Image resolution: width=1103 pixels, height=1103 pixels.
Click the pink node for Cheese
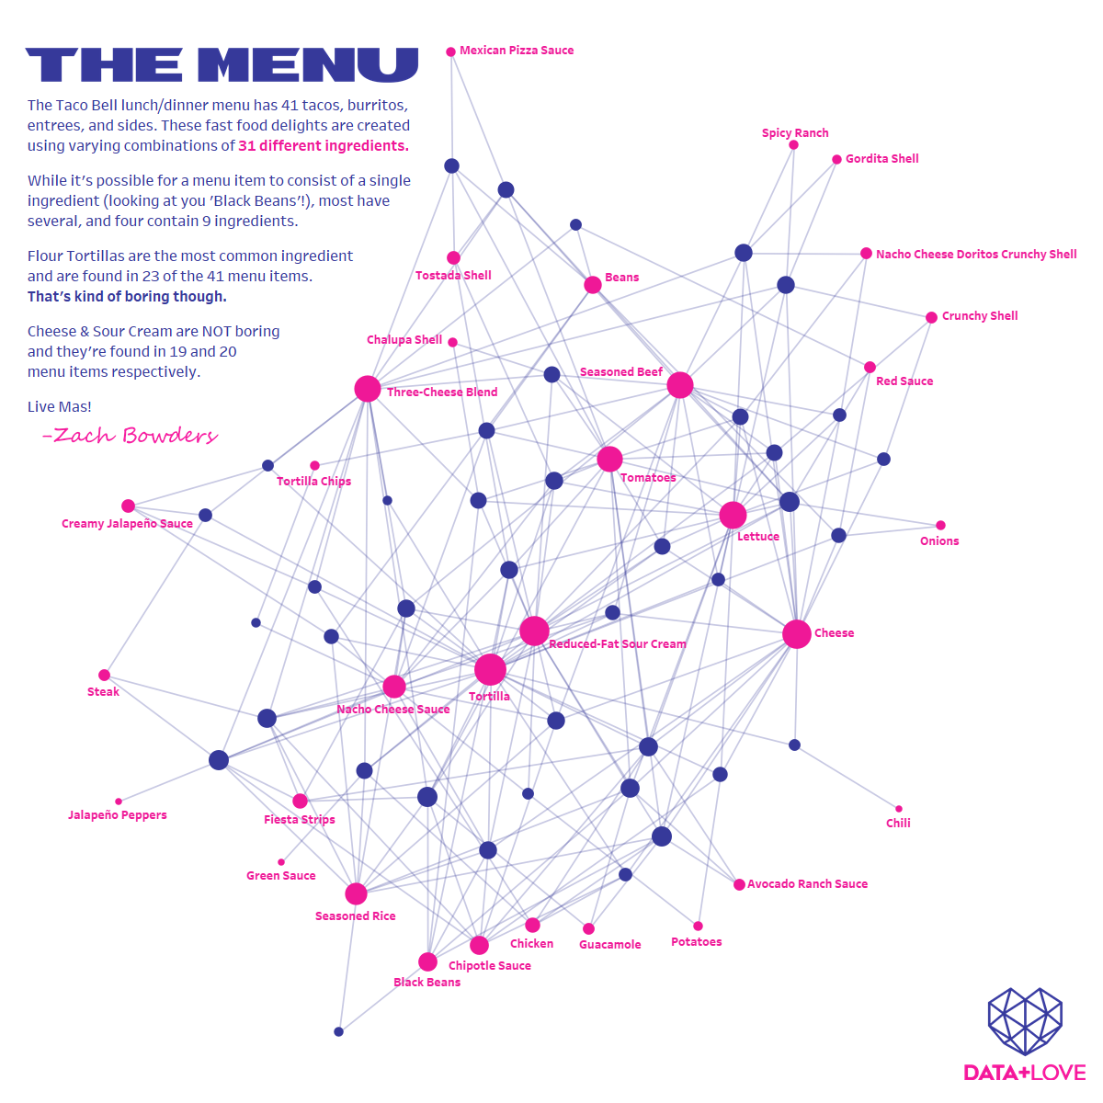tap(797, 634)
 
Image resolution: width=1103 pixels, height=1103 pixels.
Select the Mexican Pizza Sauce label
tap(517, 51)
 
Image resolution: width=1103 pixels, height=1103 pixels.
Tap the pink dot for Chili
tap(899, 809)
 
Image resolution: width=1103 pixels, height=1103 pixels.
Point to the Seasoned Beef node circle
tap(680, 385)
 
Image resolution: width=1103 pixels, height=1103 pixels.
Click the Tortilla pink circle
tap(490, 669)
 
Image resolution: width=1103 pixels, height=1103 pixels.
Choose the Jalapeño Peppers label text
tap(118, 815)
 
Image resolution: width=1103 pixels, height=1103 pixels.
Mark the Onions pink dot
tap(940, 526)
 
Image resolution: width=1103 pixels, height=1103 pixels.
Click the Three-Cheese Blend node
tap(368, 389)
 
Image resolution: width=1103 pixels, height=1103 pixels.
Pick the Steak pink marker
tap(104, 676)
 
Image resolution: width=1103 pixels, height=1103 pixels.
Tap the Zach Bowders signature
tap(131, 436)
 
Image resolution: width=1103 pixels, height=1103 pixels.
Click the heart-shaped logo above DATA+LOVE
tap(1025, 1021)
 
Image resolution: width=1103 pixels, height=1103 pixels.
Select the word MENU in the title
tap(309, 65)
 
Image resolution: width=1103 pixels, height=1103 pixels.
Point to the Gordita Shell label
tap(881, 159)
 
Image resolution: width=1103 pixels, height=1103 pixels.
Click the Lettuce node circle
tap(733, 515)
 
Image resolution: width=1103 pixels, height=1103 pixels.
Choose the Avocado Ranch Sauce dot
tap(739, 884)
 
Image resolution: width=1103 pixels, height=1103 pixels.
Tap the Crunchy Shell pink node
tap(931, 317)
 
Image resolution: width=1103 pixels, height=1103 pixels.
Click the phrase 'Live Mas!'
tap(60, 406)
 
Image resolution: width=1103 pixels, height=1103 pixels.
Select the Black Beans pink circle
tap(427, 962)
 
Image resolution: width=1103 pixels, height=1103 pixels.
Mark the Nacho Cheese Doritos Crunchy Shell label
tap(976, 255)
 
